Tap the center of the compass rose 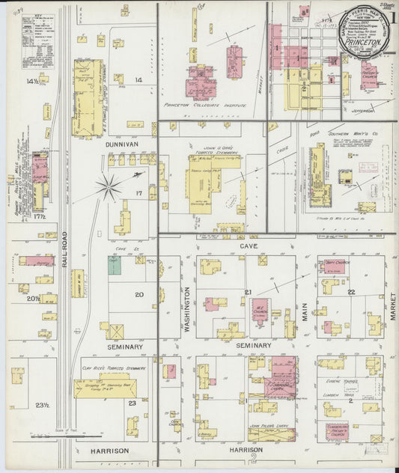[x=109, y=187]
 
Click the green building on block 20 [x=114, y=266]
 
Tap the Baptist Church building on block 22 [x=333, y=266]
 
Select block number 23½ [x=42, y=405]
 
